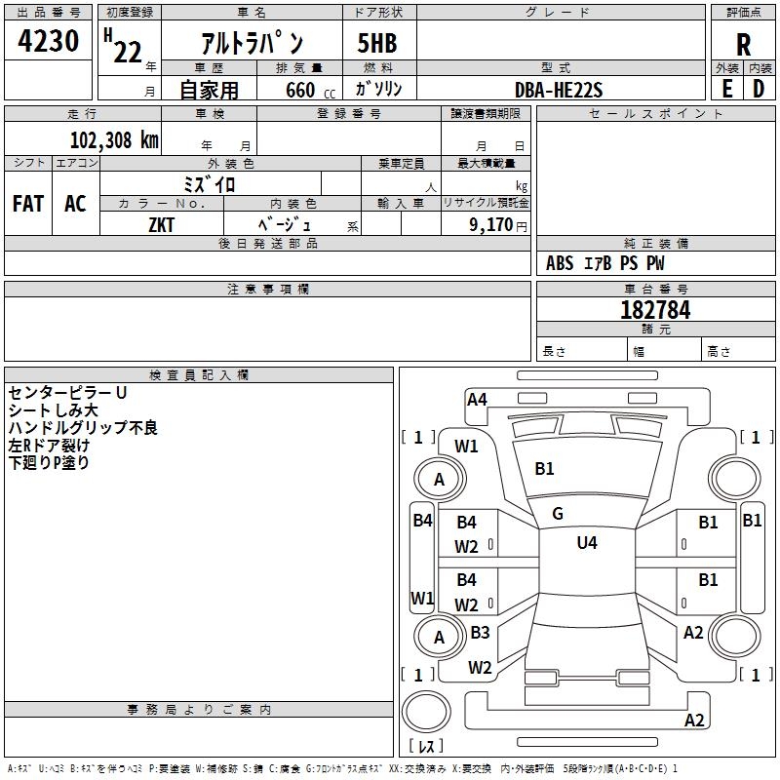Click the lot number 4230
[49, 42]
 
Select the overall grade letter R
[743, 45]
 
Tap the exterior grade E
[727, 88]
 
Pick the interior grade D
[759, 88]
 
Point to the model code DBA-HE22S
[560, 90]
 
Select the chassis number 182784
[655, 310]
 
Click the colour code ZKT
[162, 224]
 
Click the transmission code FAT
[28, 204]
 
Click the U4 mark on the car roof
[587, 543]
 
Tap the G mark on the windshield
[558, 514]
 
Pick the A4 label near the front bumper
[477, 399]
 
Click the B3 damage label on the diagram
[480, 633]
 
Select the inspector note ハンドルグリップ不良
[83, 427]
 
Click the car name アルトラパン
[253, 44]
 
